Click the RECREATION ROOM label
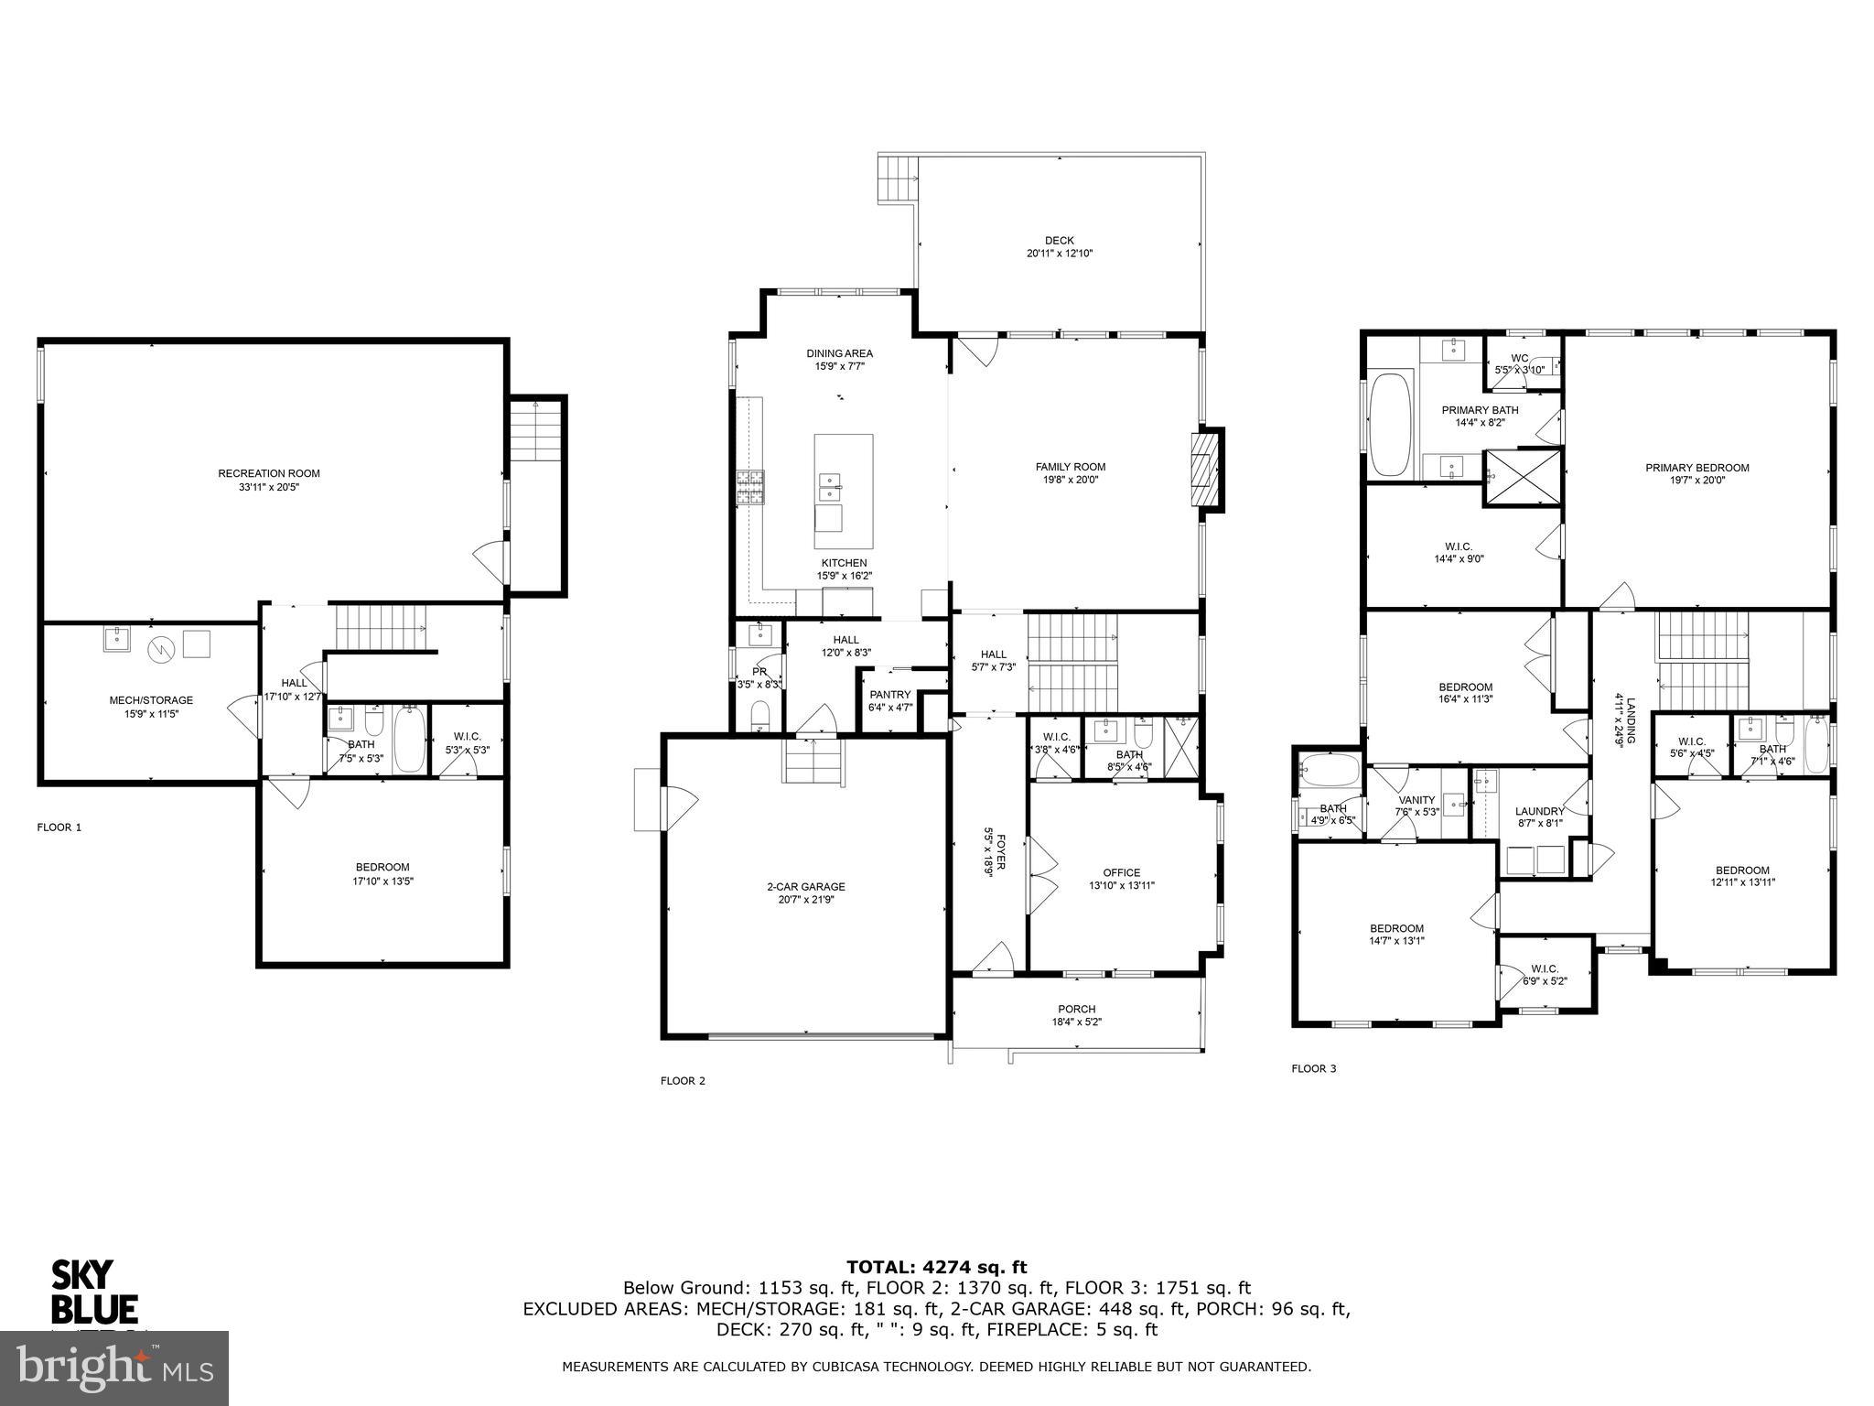(x=269, y=473)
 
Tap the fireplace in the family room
(x=1206, y=469)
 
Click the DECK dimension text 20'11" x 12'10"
(x=1059, y=254)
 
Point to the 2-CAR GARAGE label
(x=805, y=886)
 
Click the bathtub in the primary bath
(x=1390, y=424)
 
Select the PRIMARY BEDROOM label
(x=1696, y=468)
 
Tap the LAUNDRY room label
(x=1539, y=811)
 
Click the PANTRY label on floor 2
(x=889, y=695)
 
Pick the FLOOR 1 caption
(x=59, y=827)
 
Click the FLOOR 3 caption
(x=1313, y=1068)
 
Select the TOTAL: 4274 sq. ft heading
(x=936, y=1267)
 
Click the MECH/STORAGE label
(x=151, y=700)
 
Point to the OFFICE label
(x=1121, y=872)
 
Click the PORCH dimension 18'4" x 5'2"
(x=1076, y=1022)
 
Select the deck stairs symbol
(x=897, y=178)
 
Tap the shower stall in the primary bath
(x=1522, y=476)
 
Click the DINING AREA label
(x=839, y=353)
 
